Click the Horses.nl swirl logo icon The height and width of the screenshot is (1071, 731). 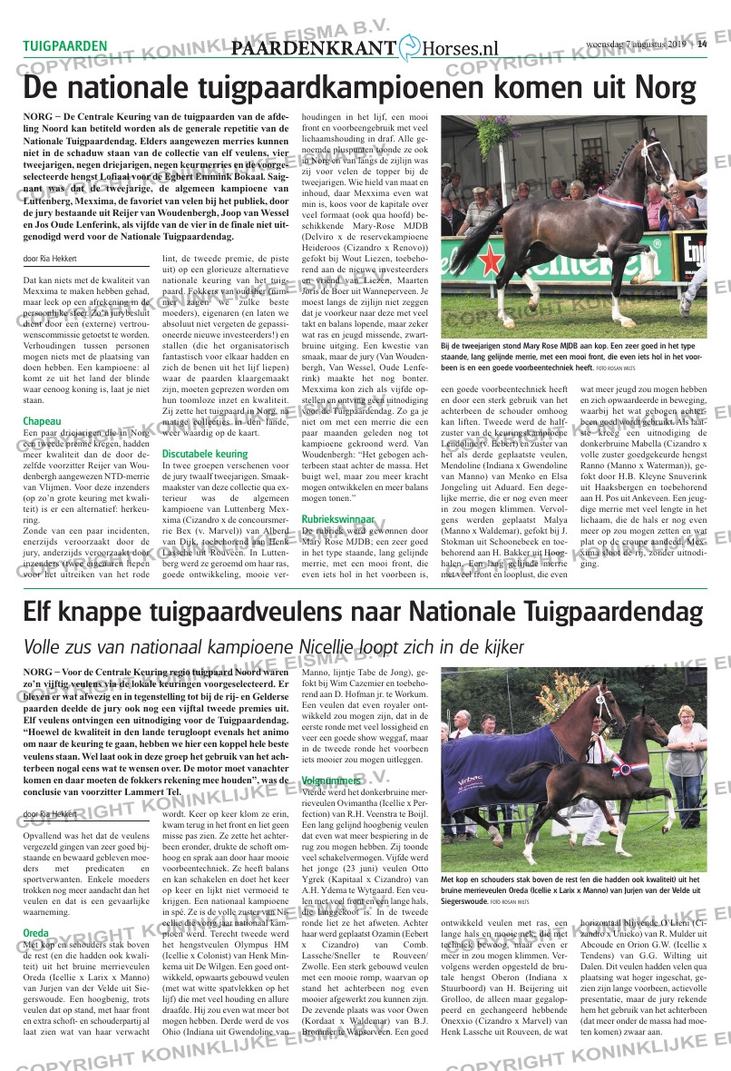click(x=410, y=48)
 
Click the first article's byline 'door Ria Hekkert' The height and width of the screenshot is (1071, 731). click(x=51, y=259)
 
